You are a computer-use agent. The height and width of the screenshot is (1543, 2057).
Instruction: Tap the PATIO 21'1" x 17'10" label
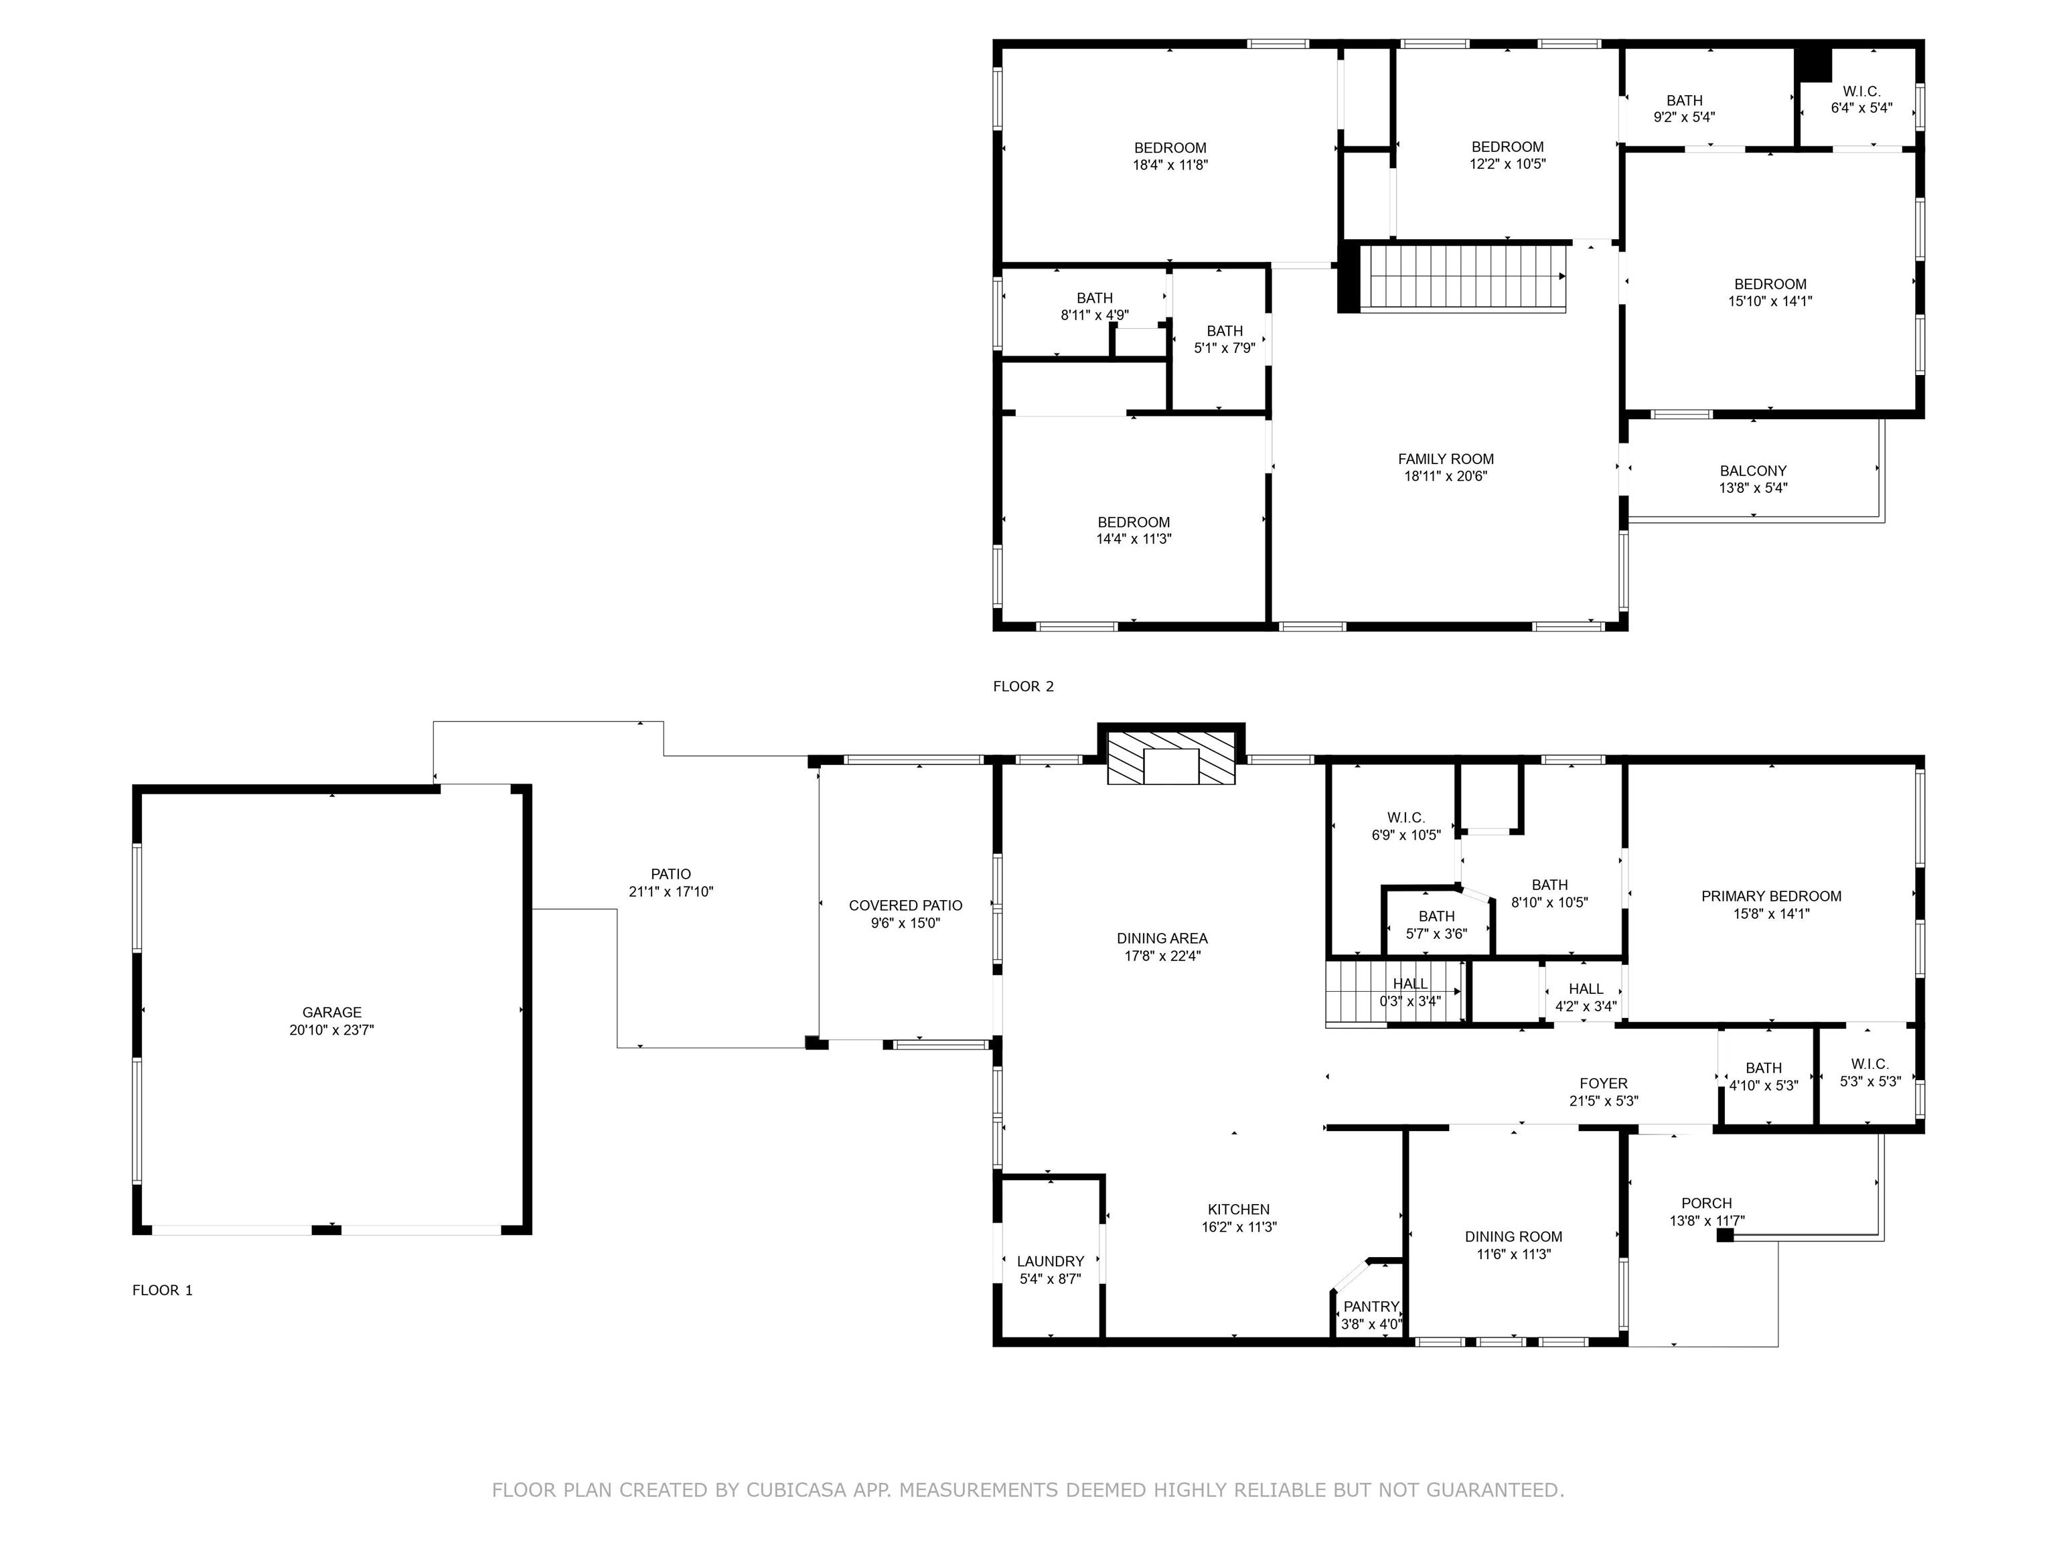click(670, 883)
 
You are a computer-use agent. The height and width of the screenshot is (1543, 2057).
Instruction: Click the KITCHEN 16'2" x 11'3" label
click(1239, 1218)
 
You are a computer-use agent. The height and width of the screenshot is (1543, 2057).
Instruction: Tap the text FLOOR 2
click(1023, 686)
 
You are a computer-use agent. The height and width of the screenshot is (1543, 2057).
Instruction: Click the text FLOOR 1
click(163, 1290)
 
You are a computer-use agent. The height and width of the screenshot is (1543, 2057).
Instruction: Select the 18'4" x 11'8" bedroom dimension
click(1170, 165)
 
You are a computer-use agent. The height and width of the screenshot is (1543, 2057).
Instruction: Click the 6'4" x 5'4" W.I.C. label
click(1861, 100)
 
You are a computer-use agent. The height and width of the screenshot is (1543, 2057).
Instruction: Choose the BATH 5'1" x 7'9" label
click(1225, 340)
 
